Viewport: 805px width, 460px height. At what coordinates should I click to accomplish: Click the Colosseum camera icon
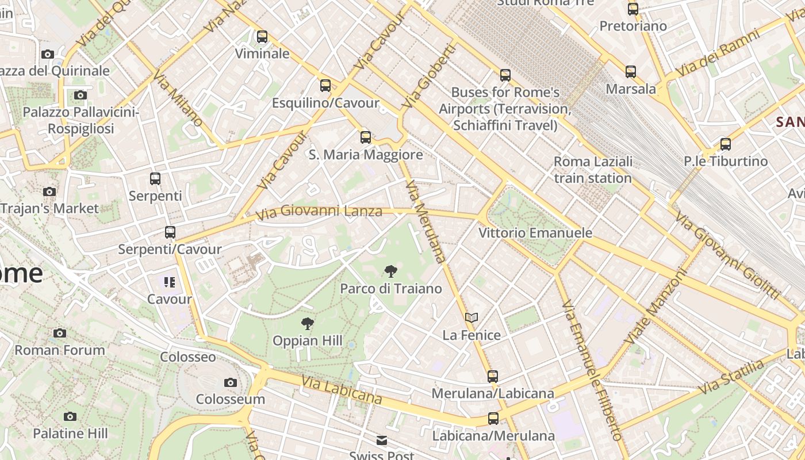coord(231,382)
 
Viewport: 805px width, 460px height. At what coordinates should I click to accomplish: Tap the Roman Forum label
coord(60,350)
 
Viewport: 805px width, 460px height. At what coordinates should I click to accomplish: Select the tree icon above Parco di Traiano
coord(391,271)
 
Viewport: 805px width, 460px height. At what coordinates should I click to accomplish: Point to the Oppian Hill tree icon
coord(308,324)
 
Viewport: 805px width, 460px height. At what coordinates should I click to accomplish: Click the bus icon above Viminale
coord(262,37)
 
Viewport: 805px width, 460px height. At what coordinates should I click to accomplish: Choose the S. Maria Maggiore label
coord(366,155)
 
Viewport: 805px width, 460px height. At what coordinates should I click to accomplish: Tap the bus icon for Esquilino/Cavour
coord(325,86)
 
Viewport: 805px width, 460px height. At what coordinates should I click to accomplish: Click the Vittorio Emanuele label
coord(535,233)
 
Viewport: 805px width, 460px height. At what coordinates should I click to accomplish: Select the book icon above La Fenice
coord(471,317)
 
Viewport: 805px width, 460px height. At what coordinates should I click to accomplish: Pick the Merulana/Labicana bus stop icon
coord(493,377)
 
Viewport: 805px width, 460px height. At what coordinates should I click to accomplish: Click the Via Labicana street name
coord(342,389)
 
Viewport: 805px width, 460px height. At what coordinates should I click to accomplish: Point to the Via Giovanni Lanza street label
coord(319,212)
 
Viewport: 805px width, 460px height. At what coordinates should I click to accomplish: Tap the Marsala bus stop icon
coord(631,72)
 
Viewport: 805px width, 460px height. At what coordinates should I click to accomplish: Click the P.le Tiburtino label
coord(726,161)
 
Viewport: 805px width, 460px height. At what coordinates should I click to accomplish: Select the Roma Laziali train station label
coord(593,170)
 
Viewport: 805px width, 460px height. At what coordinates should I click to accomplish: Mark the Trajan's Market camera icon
coord(49,191)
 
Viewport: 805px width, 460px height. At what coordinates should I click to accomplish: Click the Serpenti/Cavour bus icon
coord(170,232)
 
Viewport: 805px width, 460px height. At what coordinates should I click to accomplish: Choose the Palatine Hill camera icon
coord(70,416)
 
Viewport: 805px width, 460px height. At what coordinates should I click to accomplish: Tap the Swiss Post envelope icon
coord(382,440)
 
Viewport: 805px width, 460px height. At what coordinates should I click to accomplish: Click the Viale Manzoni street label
coord(656,308)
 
